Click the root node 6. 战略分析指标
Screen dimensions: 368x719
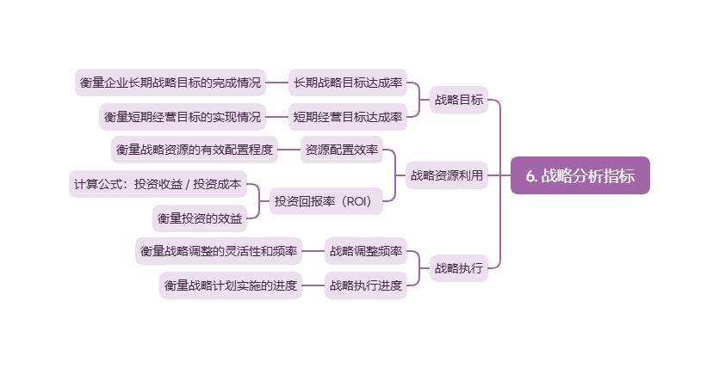coord(580,175)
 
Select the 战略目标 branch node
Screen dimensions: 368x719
coord(458,100)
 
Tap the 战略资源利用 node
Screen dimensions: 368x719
coord(446,175)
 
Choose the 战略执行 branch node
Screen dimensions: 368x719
coord(458,267)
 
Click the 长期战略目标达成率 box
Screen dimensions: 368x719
coord(347,83)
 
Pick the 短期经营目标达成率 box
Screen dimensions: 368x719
coord(347,116)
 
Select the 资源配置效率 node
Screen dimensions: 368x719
coord(341,150)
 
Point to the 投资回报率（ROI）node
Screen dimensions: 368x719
coord(322,202)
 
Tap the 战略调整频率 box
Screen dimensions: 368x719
coord(365,252)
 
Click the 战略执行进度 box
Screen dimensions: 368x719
coord(365,285)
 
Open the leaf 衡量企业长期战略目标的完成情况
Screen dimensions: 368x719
coord(170,83)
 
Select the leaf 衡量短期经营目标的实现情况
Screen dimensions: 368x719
coord(182,116)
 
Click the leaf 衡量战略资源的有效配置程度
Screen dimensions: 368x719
coord(194,150)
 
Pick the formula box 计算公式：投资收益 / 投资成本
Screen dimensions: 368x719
coord(158,184)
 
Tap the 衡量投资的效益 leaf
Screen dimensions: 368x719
coord(200,218)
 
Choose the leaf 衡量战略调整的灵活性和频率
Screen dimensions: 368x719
coord(218,252)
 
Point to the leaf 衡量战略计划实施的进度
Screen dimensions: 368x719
coord(230,285)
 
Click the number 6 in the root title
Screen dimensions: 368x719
coord(530,176)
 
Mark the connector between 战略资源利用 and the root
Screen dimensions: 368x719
coord(499,175)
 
